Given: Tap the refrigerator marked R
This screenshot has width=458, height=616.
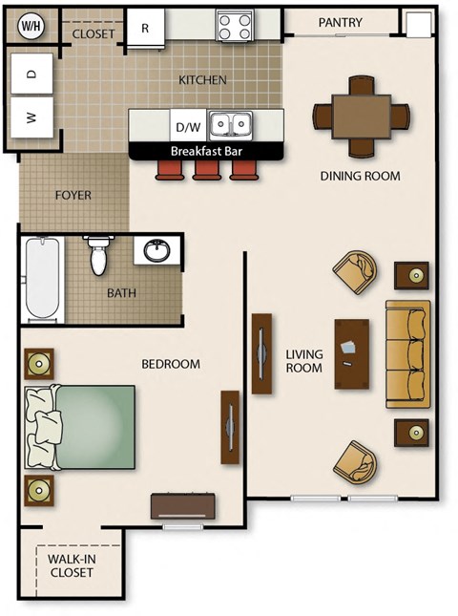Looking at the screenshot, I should pyautogui.click(x=145, y=28).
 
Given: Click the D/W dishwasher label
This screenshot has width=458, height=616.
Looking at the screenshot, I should pyautogui.click(x=185, y=126).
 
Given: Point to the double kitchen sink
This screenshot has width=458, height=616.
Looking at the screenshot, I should pyautogui.click(x=230, y=124).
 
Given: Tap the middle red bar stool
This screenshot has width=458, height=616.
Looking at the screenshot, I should pyautogui.click(x=206, y=169).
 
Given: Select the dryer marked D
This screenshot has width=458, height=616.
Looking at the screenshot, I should pyautogui.click(x=32, y=74).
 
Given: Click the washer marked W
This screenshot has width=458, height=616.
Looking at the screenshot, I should pyautogui.click(x=32, y=119).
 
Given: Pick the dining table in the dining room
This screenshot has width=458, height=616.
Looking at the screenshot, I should pyautogui.click(x=361, y=116).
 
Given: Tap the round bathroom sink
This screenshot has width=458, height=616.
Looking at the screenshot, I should pyautogui.click(x=156, y=251).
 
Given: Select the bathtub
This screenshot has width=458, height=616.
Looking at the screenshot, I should pyautogui.click(x=43, y=279).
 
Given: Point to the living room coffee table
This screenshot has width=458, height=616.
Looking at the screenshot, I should pyautogui.click(x=352, y=352).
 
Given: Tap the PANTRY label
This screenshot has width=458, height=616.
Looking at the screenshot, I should pyautogui.click(x=339, y=22).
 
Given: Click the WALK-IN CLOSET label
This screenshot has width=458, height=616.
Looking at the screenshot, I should pyautogui.click(x=71, y=566).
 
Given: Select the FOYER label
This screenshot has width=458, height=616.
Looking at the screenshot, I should pyautogui.click(x=73, y=195).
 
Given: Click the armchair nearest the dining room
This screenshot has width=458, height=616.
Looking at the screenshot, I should pyautogui.click(x=355, y=270).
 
